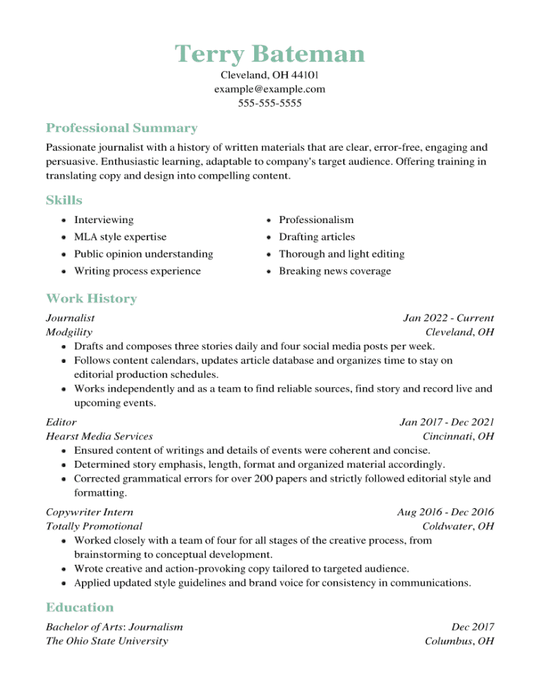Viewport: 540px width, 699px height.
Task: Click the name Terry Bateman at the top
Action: [x=269, y=53]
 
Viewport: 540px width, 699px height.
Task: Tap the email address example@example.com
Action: [x=269, y=90]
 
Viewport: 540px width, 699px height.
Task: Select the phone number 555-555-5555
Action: [x=269, y=104]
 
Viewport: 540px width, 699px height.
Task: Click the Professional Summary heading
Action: [x=121, y=128]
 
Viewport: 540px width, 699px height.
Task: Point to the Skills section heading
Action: [x=64, y=200]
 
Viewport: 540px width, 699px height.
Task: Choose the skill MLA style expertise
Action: [x=120, y=237]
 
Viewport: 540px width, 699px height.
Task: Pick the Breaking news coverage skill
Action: [x=334, y=271]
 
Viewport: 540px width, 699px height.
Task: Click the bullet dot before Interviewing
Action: [x=63, y=220]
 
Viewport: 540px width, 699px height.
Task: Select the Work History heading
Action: [x=91, y=299]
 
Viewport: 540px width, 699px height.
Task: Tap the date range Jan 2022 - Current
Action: [x=448, y=318]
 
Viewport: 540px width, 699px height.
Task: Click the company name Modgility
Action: [x=69, y=333]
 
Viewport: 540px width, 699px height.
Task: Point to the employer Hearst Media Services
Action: [x=99, y=437]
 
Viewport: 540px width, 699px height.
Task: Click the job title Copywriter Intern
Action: [x=90, y=512]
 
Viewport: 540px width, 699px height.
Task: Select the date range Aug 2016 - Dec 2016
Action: [x=445, y=512]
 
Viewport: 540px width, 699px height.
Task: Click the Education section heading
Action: [x=79, y=607]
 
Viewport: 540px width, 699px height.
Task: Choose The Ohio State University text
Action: [x=107, y=641]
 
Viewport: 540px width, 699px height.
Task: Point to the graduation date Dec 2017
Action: [x=473, y=627]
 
